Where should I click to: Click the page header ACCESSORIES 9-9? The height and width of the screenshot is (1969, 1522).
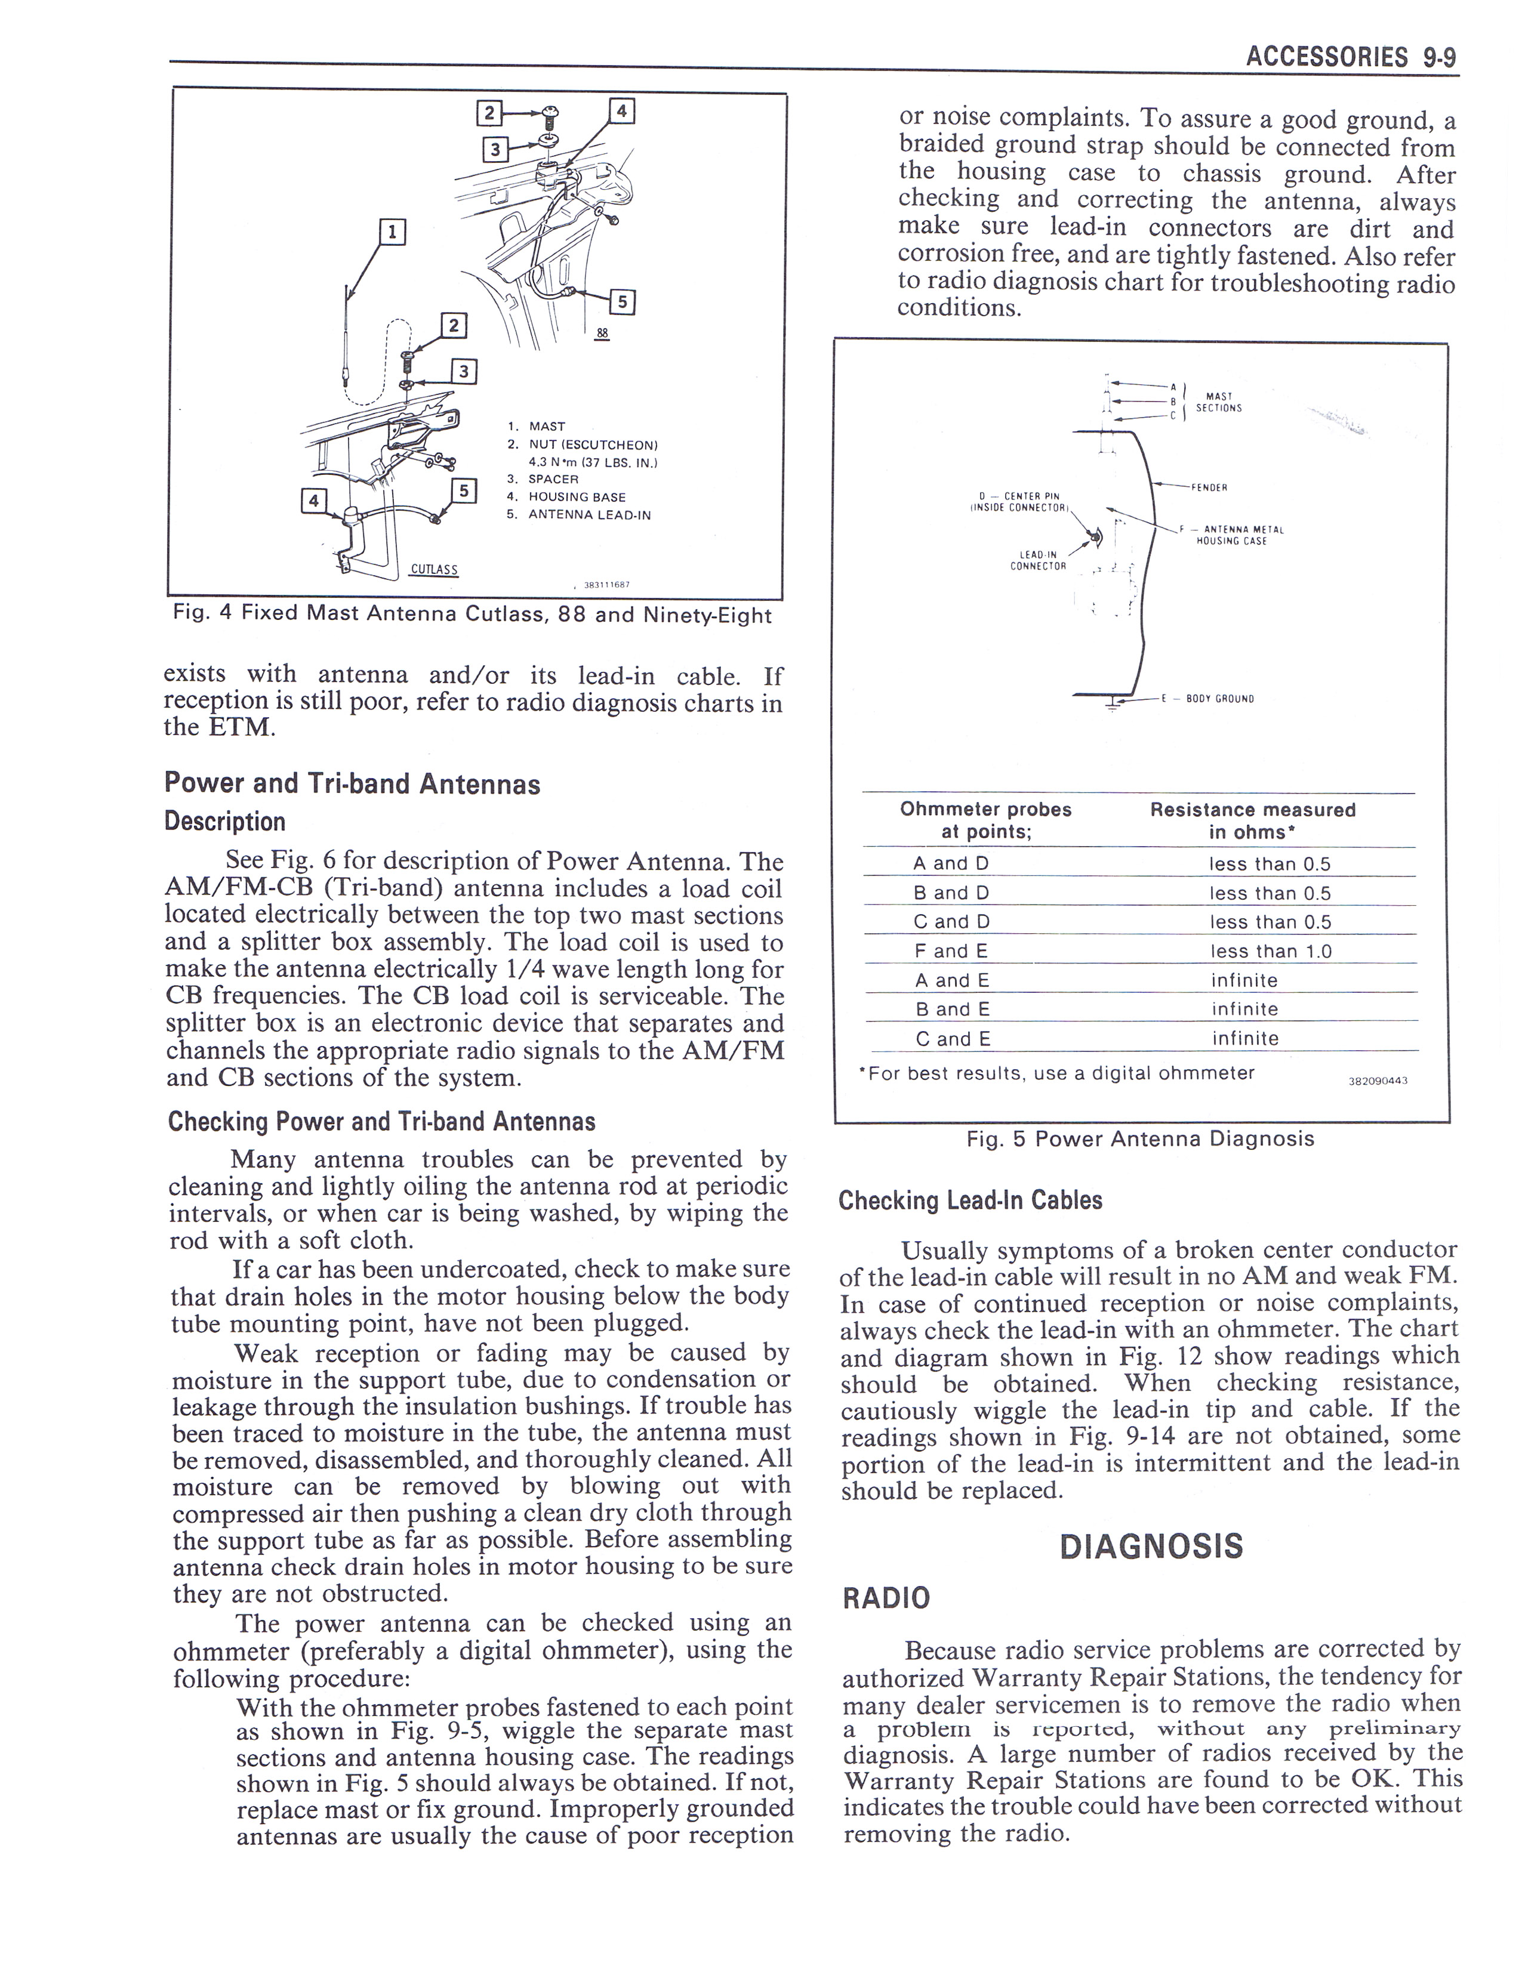pyautogui.click(x=1350, y=58)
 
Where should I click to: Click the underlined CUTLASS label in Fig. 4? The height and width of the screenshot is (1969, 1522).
pyautogui.click(x=434, y=570)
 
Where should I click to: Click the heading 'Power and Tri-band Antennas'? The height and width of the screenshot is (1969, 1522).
pyautogui.click(x=352, y=783)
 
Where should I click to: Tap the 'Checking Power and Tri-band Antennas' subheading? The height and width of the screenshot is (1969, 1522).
pyautogui.click(x=381, y=1122)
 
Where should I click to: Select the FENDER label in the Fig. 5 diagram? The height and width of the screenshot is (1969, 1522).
pyautogui.click(x=1210, y=487)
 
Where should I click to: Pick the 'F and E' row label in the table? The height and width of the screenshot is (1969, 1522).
pyautogui.click(x=951, y=951)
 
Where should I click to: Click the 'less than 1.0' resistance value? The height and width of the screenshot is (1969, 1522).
pyautogui.click(x=1271, y=951)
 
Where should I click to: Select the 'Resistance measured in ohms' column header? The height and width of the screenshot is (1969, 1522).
pyautogui.click(x=1252, y=820)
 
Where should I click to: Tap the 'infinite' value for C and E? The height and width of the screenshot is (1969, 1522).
pyautogui.click(x=1245, y=1039)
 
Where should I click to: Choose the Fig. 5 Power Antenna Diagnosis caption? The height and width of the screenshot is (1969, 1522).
pyautogui.click(x=1139, y=1138)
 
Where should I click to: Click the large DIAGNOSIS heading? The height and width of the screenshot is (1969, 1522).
pyautogui.click(x=1151, y=1546)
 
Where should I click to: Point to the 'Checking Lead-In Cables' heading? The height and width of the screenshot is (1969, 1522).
pyautogui.click(x=970, y=1201)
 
